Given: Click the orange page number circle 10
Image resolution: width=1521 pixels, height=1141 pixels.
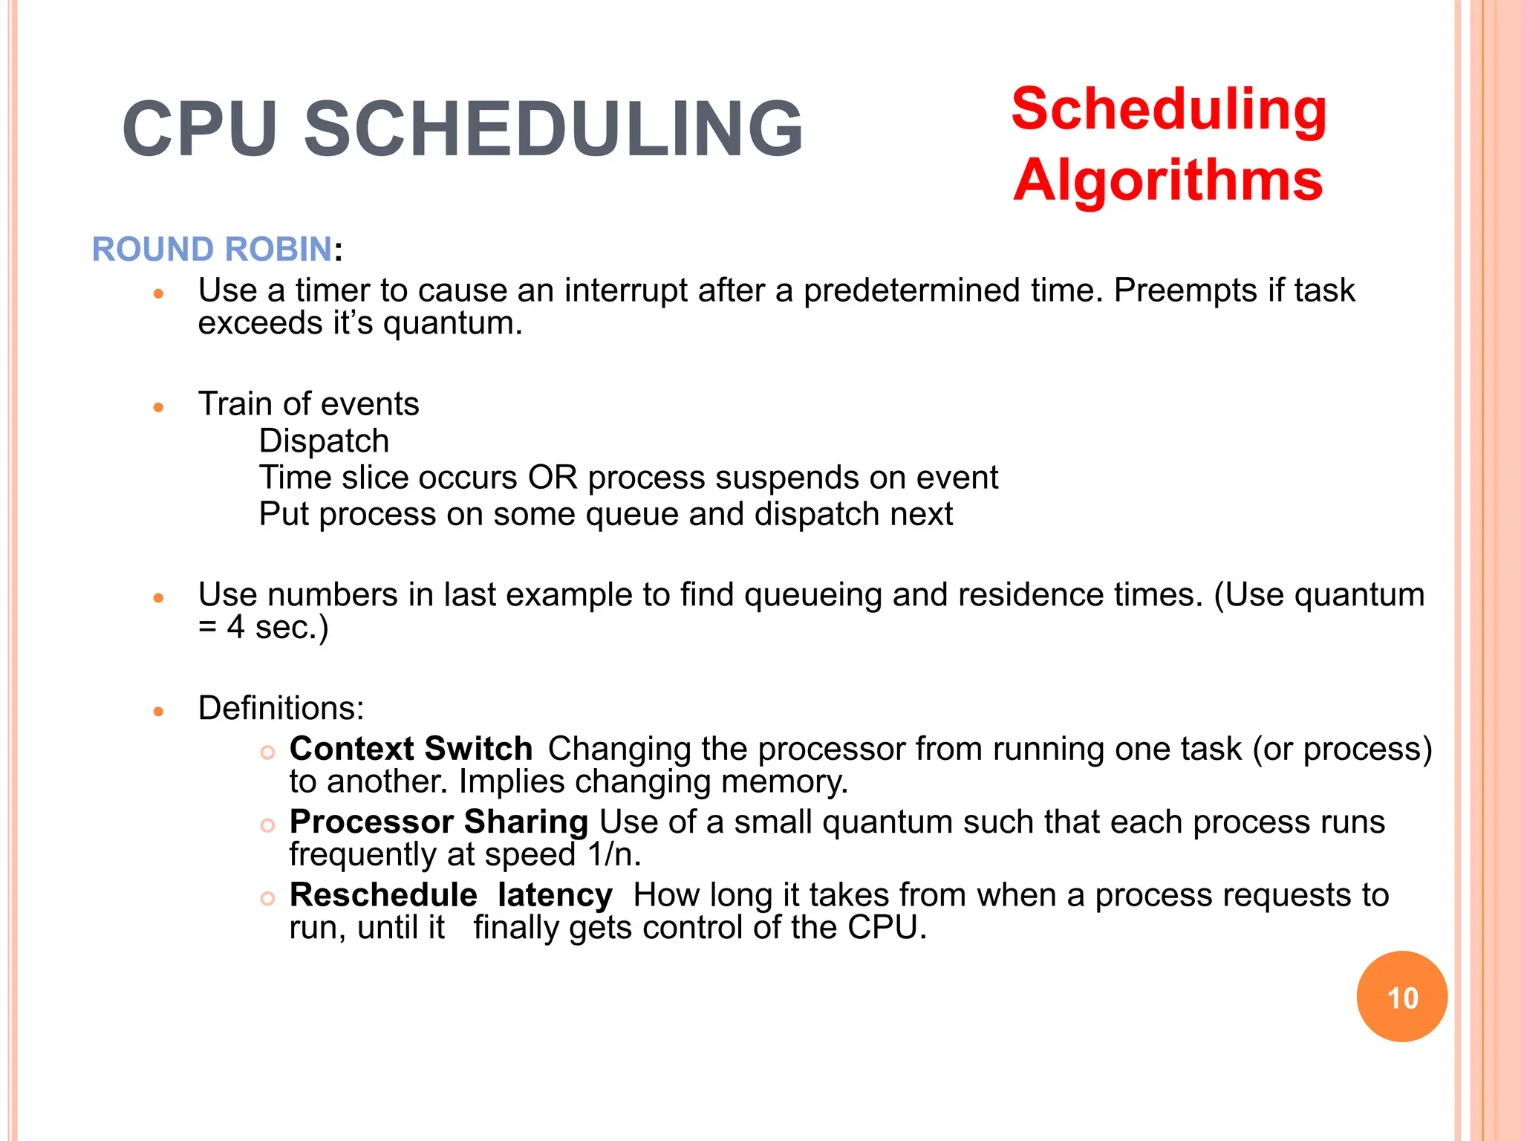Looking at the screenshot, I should coord(1401,997).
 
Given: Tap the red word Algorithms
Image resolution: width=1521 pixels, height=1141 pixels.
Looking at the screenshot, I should coord(1167,181).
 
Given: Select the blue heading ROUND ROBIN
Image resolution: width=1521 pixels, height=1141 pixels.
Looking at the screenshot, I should coord(212,249).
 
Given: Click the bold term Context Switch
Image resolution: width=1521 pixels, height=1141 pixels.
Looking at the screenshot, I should coord(411,749).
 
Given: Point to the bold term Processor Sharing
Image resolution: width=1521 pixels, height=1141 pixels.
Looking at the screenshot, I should coord(438,822).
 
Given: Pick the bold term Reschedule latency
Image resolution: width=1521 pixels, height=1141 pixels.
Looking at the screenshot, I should coord(451,895).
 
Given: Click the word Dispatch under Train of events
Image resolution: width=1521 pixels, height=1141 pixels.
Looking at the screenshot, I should coord(324,441).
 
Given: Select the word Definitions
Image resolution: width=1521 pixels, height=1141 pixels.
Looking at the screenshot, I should coord(281,708).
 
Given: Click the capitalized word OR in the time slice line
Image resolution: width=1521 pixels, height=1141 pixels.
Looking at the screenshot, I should coord(553,478).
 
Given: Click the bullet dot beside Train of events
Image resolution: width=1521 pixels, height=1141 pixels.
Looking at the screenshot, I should coord(157,407).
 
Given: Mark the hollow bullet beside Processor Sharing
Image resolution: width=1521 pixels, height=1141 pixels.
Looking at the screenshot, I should coord(267,825).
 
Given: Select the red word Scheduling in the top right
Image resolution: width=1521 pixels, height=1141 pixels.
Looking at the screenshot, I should coord(1169,109).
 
